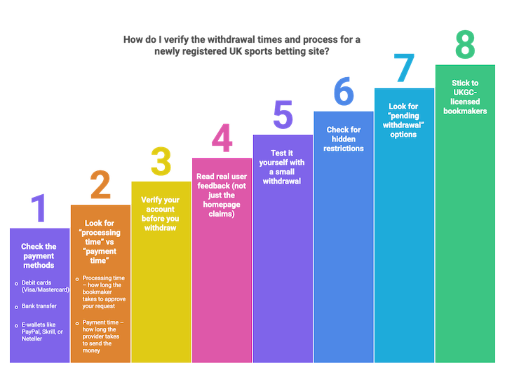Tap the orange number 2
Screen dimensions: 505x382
tap(100, 185)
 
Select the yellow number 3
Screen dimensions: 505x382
tap(161, 161)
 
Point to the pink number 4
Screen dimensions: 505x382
tap(222, 138)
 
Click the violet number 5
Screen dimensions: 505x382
tap(283, 114)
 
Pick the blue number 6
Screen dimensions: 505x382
tap(344, 91)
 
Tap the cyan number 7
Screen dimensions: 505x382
tap(405, 68)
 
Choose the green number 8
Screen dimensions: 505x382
tap(465, 44)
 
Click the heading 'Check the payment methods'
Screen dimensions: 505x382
tap(39, 256)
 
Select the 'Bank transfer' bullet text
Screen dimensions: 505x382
tap(39, 306)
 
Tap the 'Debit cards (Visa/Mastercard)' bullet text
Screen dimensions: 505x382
tap(45, 286)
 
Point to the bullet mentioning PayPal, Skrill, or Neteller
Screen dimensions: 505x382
tap(42, 332)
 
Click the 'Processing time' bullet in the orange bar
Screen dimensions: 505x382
tap(104, 292)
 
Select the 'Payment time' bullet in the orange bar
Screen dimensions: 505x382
tap(102, 336)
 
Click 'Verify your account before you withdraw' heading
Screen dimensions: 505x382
tap(160, 214)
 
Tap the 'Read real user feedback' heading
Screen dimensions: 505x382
tap(222, 195)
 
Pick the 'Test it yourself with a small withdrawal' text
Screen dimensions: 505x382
tap(282, 167)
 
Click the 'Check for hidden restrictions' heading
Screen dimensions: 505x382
tap(343, 139)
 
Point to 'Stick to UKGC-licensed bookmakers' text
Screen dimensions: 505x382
tap(465, 97)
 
